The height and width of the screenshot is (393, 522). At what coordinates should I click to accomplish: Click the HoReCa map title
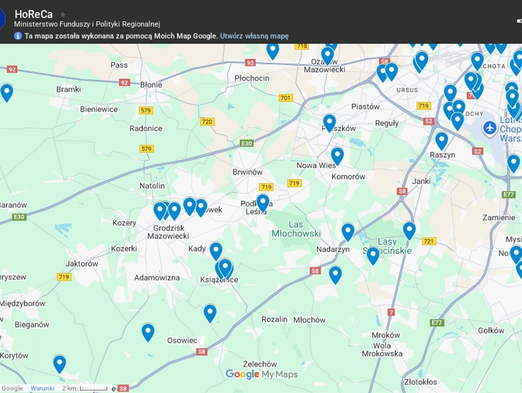tap(33, 14)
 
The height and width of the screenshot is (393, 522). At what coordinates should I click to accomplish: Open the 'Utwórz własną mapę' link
tap(254, 36)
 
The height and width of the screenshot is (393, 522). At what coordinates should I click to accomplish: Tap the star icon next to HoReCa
tap(63, 14)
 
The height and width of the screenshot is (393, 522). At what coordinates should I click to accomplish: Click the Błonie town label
tap(151, 85)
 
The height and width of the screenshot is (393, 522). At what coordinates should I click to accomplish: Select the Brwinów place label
tap(247, 172)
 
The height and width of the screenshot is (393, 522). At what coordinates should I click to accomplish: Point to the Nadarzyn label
tap(333, 249)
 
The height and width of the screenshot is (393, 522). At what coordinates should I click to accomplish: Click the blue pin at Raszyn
tap(441, 140)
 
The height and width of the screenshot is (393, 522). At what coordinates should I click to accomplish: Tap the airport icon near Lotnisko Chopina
tap(490, 128)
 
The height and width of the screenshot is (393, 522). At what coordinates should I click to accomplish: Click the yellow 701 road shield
tap(285, 98)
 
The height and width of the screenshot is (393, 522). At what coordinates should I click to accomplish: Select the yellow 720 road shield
tap(207, 122)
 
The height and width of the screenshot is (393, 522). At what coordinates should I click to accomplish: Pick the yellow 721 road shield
tap(429, 241)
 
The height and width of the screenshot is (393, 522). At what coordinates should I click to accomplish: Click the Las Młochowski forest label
tap(296, 229)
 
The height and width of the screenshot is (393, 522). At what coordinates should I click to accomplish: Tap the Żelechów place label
tap(260, 364)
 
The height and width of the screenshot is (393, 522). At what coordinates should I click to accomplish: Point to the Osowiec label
tap(182, 340)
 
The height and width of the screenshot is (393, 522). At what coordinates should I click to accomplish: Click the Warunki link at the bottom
tap(42, 388)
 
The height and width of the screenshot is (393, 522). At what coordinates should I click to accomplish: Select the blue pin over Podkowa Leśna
tap(263, 202)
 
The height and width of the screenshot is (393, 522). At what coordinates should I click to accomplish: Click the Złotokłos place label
tap(420, 382)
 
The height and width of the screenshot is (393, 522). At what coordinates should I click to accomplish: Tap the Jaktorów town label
tap(82, 264)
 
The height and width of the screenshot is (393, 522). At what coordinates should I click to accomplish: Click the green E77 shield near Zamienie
tap(508, 195)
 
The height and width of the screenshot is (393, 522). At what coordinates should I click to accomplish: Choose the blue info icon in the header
tap(18, 36)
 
